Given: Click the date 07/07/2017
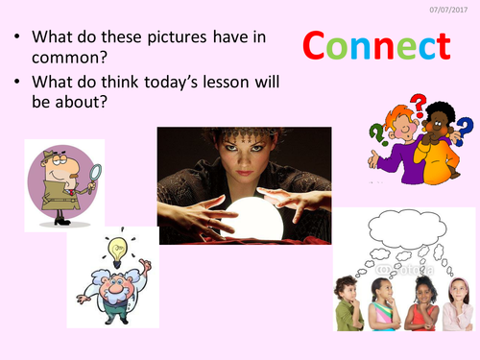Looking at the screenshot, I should [456, 8].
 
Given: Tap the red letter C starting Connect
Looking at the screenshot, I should [319, 45].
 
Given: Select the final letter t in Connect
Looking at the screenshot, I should [442, 45].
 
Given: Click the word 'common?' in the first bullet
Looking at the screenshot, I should [70, 61].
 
